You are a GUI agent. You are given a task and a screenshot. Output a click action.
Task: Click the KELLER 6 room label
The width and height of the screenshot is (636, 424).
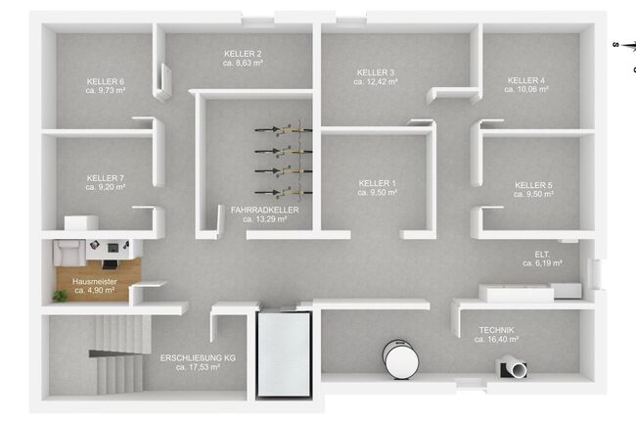(106, 81)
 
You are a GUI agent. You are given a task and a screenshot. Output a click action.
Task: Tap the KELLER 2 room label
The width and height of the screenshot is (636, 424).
(243, 54)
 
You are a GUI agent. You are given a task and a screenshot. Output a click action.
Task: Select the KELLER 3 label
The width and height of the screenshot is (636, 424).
(376, 72)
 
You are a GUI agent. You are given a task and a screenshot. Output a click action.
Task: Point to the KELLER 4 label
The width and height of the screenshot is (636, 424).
(526, 80)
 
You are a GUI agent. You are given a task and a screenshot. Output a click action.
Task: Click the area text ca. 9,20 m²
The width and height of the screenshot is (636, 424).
(106, 187)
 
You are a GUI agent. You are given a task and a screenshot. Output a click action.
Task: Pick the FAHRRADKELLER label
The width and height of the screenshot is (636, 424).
(265, 210)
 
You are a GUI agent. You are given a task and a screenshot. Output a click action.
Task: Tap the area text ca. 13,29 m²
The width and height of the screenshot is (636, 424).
(265, 219)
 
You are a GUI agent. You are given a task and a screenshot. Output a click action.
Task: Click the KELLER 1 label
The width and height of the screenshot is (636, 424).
(378, 183)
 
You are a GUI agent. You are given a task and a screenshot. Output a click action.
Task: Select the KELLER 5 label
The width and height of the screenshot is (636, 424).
(534, 185)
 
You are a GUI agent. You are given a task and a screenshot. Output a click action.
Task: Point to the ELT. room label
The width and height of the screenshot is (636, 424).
(542, 255)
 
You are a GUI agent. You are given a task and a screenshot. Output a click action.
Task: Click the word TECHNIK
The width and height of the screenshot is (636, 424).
(496, 330)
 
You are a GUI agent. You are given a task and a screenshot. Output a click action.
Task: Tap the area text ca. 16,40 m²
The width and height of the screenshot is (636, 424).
(496, 339)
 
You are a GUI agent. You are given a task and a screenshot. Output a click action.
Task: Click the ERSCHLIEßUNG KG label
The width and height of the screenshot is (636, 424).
(198, 357)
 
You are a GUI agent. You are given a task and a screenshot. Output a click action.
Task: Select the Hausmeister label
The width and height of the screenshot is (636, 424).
(95, 281)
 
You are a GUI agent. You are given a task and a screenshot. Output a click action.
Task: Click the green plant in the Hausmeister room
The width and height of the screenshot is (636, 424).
(61, 296)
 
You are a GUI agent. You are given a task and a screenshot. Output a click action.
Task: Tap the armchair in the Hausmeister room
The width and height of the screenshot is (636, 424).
(69, 252)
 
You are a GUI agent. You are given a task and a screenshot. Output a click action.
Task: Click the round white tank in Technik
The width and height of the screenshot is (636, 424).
(401, 359)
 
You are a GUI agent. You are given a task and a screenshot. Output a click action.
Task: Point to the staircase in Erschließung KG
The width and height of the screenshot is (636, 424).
(119, 354)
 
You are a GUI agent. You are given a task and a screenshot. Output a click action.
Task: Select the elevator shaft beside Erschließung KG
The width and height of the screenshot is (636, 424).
(284, 354)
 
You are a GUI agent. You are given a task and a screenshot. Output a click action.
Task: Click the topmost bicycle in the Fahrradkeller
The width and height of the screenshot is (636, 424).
(284, 129)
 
